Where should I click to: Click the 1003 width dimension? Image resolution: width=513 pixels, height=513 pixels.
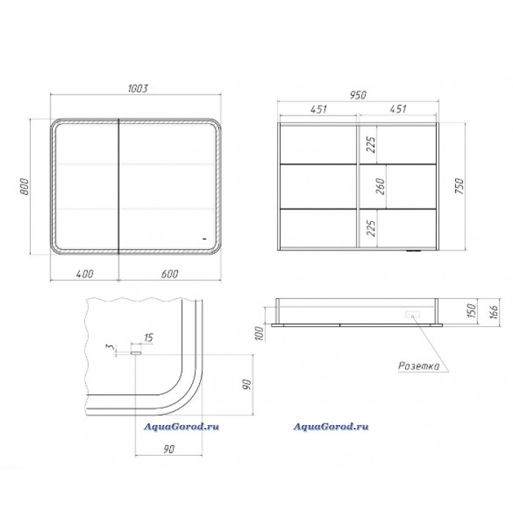[x=138, y=89]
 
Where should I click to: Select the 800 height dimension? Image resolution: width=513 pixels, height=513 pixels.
[x=24, y=186]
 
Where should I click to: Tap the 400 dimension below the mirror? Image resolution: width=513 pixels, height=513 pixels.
[x=85, y=273]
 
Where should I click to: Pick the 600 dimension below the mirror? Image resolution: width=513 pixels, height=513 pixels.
[x=170, y=273]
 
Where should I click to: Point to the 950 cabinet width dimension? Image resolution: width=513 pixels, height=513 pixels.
[x=358, y=95]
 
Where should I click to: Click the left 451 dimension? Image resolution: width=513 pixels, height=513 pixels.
[x=319, y=108]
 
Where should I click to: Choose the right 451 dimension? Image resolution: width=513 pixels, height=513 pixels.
[x=398, y=108]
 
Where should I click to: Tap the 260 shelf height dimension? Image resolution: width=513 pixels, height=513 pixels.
[x=380, y=186]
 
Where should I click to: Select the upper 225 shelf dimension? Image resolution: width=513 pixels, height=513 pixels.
[x=371, y=144]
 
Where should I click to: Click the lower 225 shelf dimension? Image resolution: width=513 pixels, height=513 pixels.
[x=371, y=228]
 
